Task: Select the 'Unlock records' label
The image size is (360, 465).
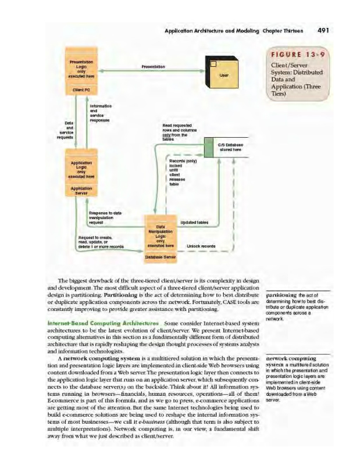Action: click(201, 246)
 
